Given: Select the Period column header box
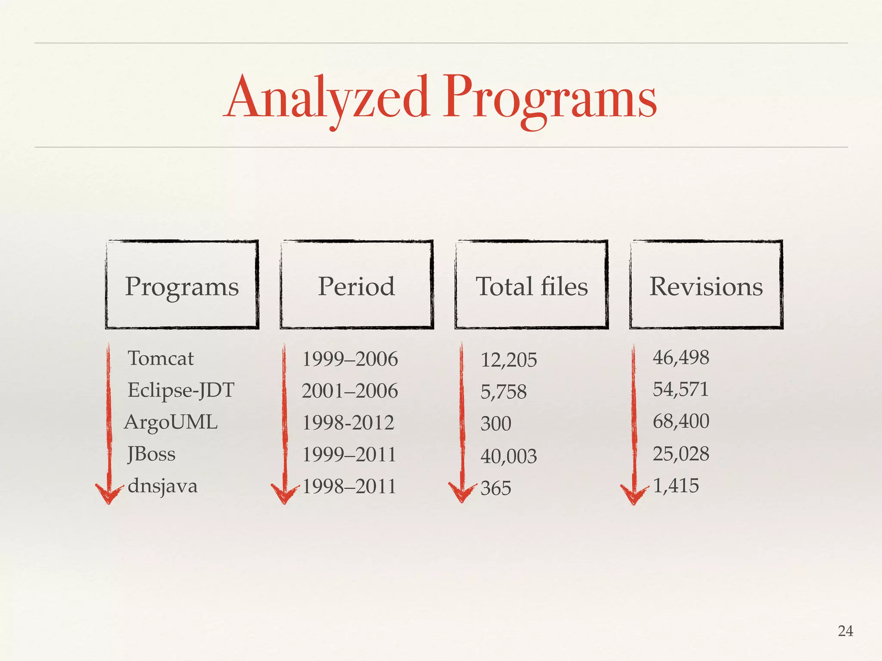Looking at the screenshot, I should pyautogui.click(x=357, y=285).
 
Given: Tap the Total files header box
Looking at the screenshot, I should pyautogui.click(x=531, y=285).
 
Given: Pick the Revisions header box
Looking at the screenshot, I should pyautogui.click(x=706, y=285).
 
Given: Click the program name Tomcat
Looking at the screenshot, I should pyautogui.click(x=161, y=358).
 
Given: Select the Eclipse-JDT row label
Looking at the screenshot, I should pyautogui.click(x=181, y=390).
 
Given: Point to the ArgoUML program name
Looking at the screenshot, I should pyautogui.click(x=171, y=422).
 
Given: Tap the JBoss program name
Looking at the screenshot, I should pyautogui.click(x=152, y=454).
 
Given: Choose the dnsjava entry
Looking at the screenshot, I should pyautogui.click(x=163, y=486).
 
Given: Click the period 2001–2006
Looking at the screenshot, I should pyautogui.click(x=350, y=391).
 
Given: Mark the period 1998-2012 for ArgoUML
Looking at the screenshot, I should pyautogui.click(x=348, y=423).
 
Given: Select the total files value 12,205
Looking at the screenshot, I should pyautogui.click(x=509, y=360).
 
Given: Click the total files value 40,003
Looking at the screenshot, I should pyautogui.click(x=509, y=456).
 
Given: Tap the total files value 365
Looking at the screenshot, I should pyautogui.click(x=496, y=488).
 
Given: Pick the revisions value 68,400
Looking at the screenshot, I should pyautogui.click(x=681, y=421).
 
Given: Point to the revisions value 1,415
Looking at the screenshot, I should pyautogui.click(x=676, y=486).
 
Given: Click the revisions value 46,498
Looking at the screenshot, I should pyautogui.click(x=681, y=358).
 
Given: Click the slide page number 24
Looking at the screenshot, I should pyautogui.click(x=845, y=631).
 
